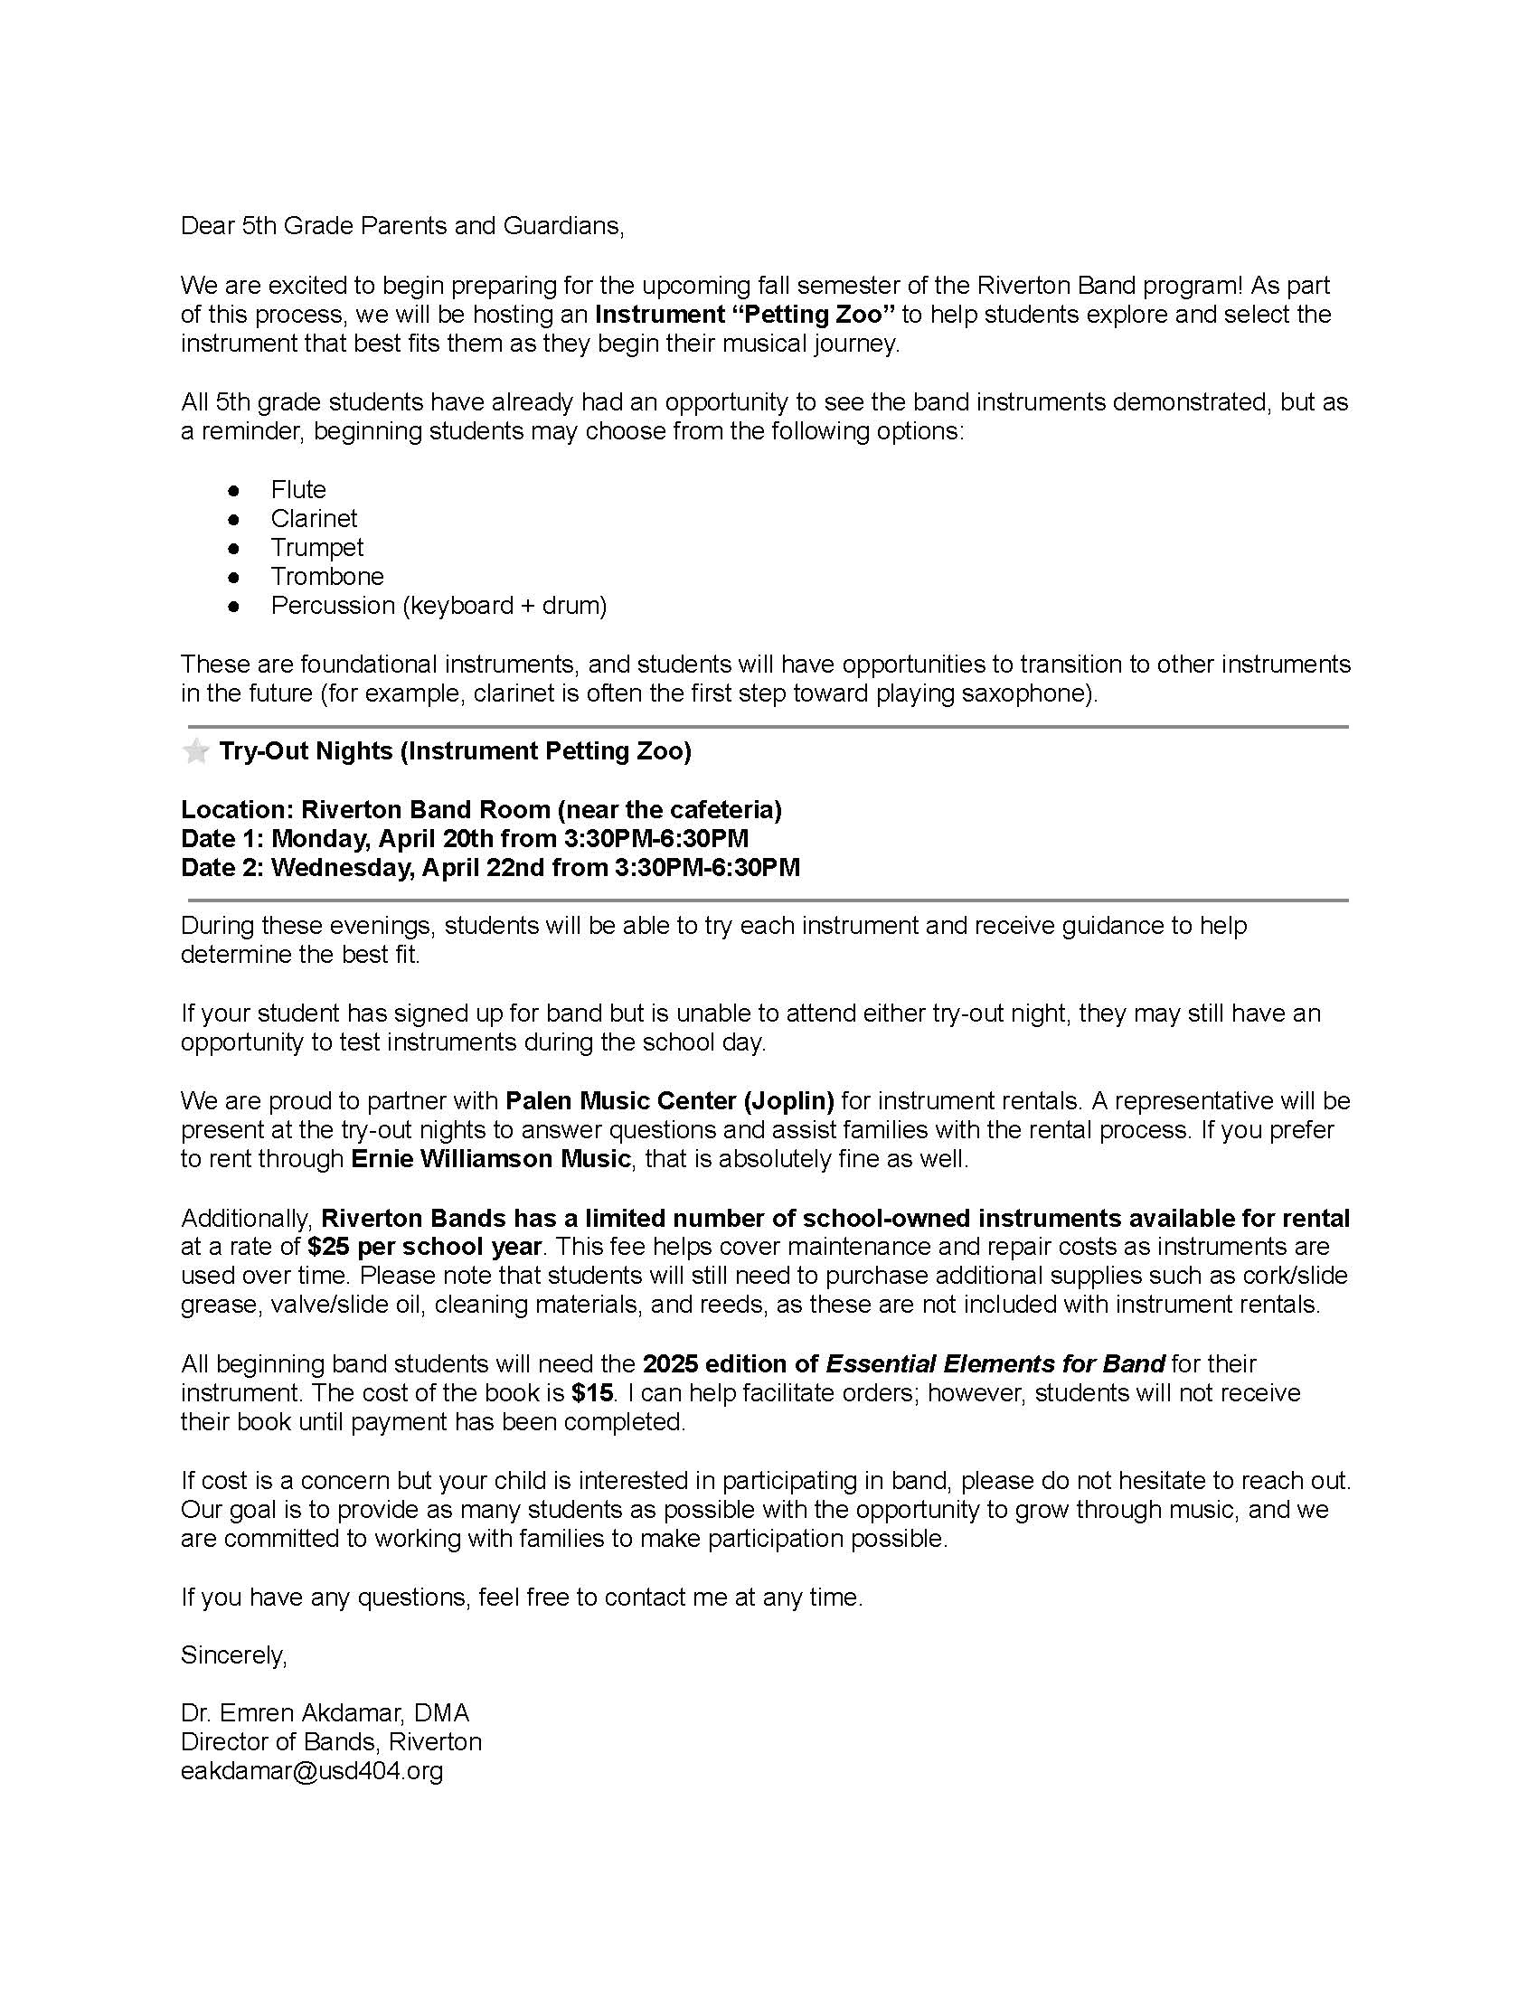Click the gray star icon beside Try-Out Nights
point(196,751)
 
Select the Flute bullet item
point(297,490)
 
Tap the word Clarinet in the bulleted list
point(313,519)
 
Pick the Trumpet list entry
point(316,547)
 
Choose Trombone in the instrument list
point(327,577)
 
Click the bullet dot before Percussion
point(234,606)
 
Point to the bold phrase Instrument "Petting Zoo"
point(745,316)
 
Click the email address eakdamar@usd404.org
point(311,1770)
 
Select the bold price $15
point(592,1392)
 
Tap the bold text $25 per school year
point(424,1246)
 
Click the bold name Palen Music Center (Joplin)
point(669,1100)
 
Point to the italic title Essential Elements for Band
point(995,1363)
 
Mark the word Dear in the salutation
point(208,226)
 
